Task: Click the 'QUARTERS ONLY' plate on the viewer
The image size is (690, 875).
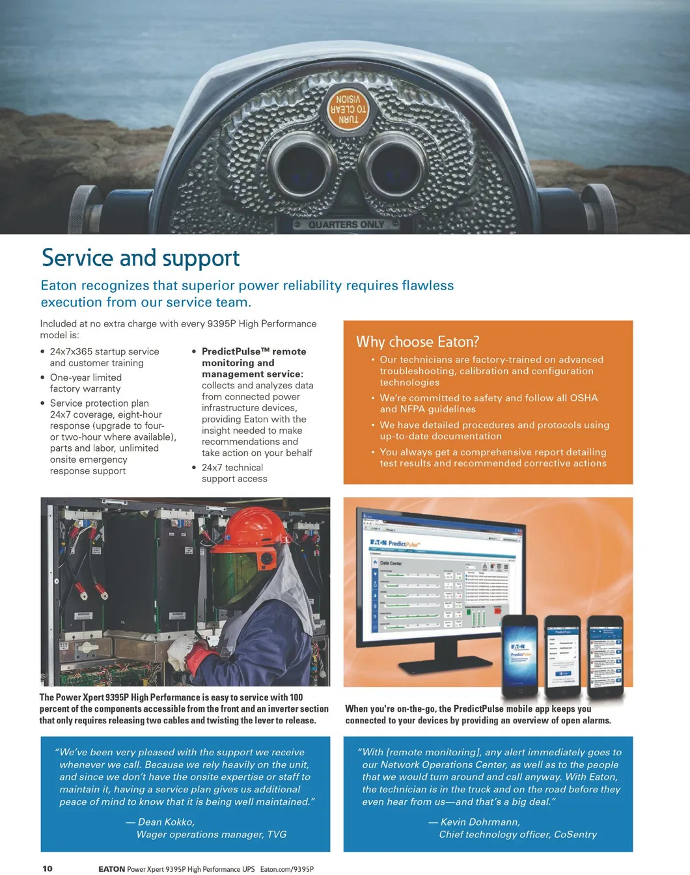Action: [x=346, y=224]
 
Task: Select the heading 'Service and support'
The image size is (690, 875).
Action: [x=141, y=258]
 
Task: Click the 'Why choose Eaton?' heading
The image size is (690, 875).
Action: [x=417, y=342]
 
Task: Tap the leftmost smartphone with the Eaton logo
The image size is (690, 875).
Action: [x=520, y=657]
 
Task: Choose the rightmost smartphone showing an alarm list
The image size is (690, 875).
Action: [x=605, y=657]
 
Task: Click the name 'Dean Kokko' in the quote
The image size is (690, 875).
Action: [x=166, y=822]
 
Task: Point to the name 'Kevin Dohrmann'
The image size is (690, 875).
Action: [x=480, y=822]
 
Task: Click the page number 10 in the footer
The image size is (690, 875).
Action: [x=48, y=868]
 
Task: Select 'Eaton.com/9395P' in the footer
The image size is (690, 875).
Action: [x=286, y=869]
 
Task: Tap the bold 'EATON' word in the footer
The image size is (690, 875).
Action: [x=111, y=869]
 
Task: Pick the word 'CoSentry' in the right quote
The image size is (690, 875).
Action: [x=575, y=834]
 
